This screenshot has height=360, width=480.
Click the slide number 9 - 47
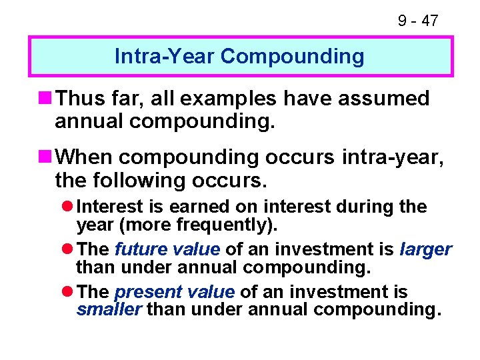[418, 21]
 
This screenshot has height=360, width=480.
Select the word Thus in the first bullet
[79, 99]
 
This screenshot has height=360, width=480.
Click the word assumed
[388, 99]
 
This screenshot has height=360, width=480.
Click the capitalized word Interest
[109, 207]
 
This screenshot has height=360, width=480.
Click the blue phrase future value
[167, 250]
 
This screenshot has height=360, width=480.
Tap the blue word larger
[425, 250]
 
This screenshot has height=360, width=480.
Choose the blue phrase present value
[175, 293]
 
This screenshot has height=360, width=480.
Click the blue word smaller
[109, 309]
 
